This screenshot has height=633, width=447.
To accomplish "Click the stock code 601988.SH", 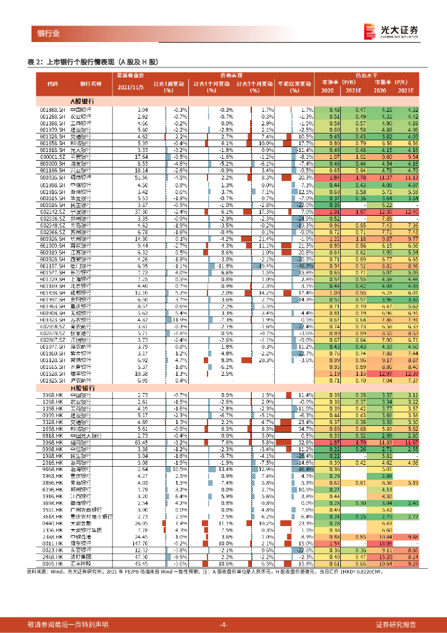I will (52, 110).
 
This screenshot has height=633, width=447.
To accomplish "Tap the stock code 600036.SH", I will (52, 177).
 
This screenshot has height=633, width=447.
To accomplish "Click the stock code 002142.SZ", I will (52, 211).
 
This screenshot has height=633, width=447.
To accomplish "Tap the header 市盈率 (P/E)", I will (391, 81).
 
